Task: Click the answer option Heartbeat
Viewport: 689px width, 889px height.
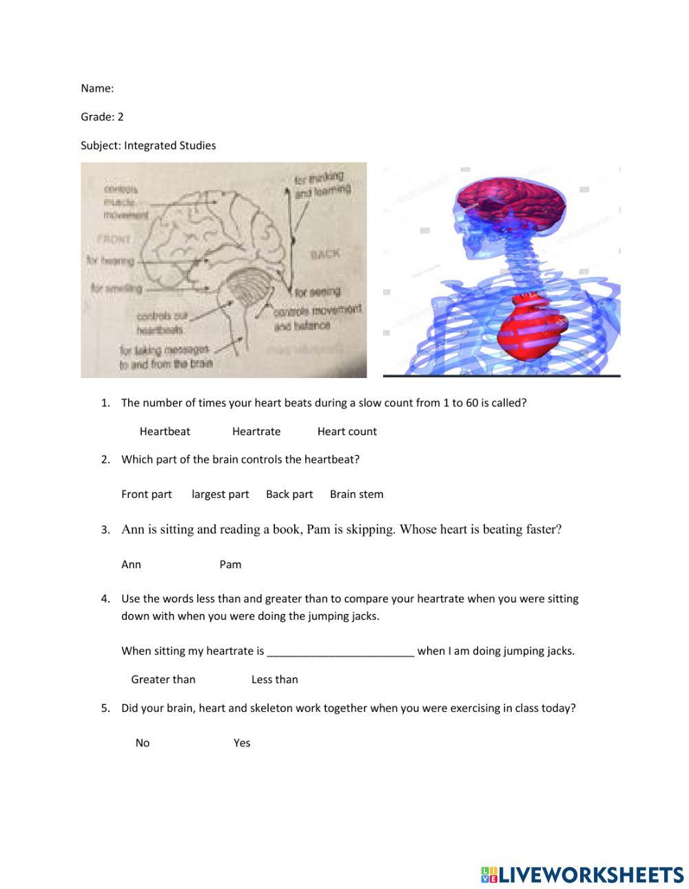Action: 165,432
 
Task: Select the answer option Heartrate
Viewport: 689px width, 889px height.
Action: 256,432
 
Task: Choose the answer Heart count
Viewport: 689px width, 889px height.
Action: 347,432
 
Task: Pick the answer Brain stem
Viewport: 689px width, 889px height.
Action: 356,494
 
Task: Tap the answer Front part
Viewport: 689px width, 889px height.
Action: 146,494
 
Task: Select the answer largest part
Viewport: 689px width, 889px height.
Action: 220,494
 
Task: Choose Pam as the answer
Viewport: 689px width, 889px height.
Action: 230,565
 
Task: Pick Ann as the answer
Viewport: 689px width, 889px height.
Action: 131,565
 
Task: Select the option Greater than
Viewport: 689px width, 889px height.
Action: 163,680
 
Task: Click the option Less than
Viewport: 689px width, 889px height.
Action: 274,680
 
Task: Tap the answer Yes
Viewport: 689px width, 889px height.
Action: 242,743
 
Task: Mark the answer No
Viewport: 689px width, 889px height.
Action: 143,743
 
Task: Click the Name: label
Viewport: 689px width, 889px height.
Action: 97,88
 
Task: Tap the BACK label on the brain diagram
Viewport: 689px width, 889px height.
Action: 325,254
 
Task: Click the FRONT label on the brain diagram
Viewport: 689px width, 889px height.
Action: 114,239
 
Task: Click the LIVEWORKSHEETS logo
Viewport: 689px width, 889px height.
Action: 582,875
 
